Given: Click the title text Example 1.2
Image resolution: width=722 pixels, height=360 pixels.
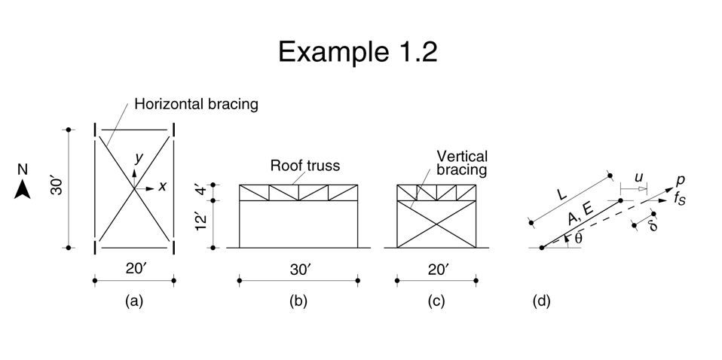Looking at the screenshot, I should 357,51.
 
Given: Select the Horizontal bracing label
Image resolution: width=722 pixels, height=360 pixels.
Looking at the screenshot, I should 196,104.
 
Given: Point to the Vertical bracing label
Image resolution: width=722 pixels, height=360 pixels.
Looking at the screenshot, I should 462,163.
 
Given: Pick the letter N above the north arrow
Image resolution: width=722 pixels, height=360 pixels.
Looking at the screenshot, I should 22,172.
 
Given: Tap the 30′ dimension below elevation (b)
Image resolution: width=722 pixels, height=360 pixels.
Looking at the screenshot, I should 298,270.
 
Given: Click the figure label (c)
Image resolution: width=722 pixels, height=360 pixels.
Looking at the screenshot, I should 436,302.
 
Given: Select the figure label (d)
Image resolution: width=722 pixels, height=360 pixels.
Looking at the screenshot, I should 541,302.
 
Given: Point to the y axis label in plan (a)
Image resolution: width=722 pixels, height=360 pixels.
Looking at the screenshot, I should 138,157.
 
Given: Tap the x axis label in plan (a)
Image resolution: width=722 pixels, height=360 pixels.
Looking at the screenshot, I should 162,186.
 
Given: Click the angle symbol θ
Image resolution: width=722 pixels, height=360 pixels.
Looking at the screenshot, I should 577,238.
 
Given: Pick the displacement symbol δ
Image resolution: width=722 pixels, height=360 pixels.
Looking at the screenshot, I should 653,224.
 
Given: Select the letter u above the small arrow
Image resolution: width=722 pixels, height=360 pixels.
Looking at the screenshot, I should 639,177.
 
